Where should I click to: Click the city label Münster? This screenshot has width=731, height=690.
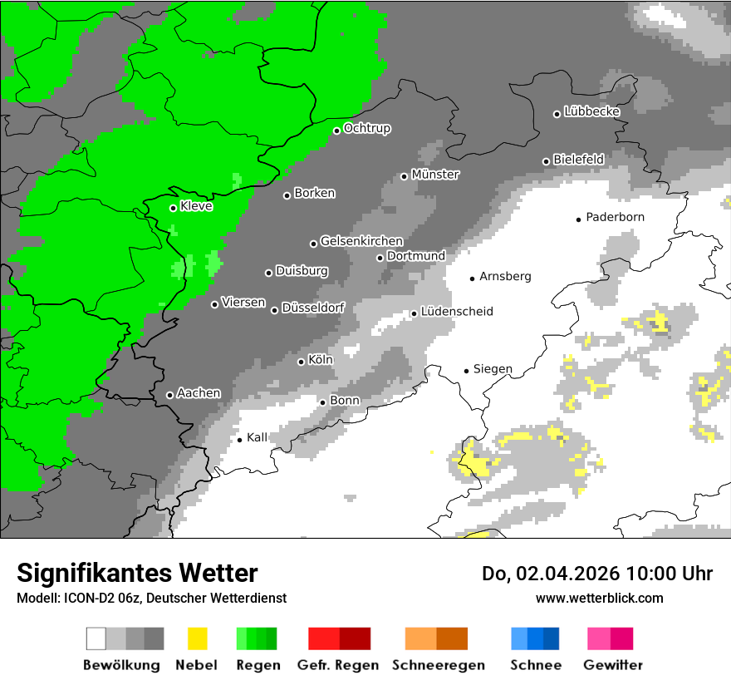point(435,175)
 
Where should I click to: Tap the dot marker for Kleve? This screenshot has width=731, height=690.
point(173,208)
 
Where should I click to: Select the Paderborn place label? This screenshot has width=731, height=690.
point(615,217)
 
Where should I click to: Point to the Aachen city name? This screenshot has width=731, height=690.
point(199,393)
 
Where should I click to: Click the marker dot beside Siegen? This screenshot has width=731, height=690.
point(466,371)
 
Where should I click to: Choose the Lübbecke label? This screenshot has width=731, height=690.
point(591,111)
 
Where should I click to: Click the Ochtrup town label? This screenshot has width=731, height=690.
point(366,128)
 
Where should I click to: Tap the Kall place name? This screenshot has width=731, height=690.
point(257,437)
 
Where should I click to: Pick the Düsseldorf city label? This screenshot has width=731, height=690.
point(312,308)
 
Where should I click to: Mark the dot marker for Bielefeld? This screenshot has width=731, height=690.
point(546,161)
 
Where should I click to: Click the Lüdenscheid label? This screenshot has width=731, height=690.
point(456,312)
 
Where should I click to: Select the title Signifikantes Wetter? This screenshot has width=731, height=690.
point(137,573)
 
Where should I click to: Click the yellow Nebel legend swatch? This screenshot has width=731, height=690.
point(197,638)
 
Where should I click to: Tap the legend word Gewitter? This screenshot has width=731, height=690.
point(612,665)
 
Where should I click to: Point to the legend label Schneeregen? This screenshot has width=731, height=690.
point(438,665)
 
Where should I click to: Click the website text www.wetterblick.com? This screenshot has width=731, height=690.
point(599,598)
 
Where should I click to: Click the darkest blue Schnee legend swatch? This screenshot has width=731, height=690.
point(552,638)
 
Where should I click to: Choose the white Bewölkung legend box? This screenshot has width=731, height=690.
point(96,638)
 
